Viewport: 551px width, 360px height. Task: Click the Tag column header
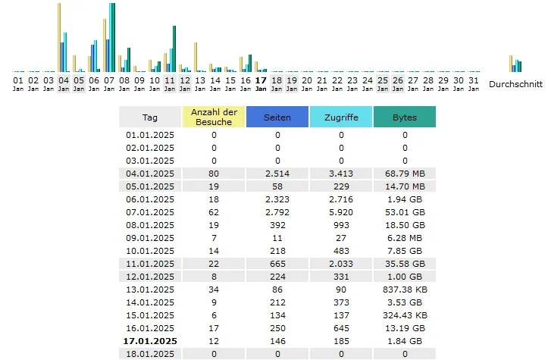coord(150,117)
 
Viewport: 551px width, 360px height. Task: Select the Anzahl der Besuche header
coord(214,117)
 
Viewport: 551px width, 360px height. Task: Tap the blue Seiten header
coord(277,117)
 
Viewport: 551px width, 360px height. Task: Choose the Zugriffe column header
coord(341,117)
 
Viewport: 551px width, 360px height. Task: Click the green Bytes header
coord(405,117)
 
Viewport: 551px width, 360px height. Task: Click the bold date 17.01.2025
coord(150,342)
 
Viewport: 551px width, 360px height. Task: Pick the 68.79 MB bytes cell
coord(405,174)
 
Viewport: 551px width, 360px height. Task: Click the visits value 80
coord(214,174)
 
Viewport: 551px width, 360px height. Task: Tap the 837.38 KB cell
coord(405,290)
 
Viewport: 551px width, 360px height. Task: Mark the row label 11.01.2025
coord(150,264)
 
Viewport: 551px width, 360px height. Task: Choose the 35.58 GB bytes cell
coord(405,264)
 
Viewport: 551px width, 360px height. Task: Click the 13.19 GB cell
coord(405,328)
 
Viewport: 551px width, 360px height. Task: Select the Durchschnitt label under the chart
coord(515,83)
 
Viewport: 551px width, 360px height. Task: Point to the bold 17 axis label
coord(261,80)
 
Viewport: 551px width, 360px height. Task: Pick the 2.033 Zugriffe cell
coord(341,264)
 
